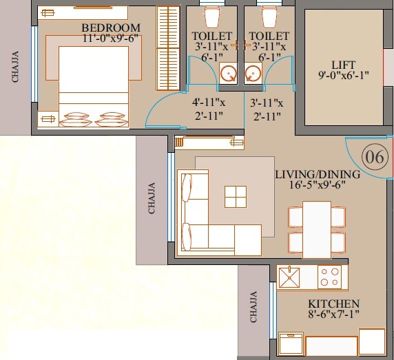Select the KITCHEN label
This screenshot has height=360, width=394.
coord(334,304)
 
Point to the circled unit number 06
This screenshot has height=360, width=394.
coord(374,157)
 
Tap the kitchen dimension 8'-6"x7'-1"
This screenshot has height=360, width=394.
coord(334,315)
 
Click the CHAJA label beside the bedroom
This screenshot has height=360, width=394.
coord(15,67)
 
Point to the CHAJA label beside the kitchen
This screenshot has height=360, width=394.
coord(253,307)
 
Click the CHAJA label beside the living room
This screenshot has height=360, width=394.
coord(152,197)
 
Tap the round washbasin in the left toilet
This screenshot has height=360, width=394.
coord(227,72)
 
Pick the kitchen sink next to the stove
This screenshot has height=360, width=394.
coord(290,277)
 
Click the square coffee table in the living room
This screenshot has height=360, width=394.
coord(235,196)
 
